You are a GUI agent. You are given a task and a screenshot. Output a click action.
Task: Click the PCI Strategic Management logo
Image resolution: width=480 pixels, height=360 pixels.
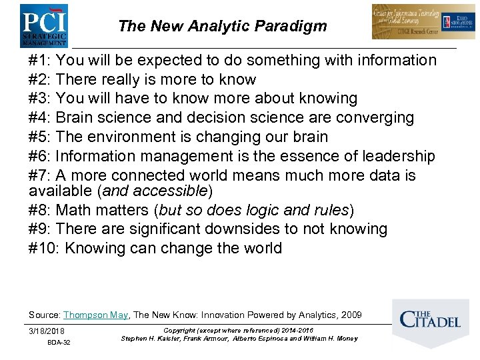click(43, 25)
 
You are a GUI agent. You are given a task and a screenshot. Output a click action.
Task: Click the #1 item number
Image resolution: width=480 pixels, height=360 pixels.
click(39, 61)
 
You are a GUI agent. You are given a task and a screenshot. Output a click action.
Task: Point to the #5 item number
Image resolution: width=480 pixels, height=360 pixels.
click(39, 137)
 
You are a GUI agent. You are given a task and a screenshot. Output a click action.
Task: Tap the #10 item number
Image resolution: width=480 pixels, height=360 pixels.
click(43, 249)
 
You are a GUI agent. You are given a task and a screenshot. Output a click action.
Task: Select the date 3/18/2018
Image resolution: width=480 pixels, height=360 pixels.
click(47, 331)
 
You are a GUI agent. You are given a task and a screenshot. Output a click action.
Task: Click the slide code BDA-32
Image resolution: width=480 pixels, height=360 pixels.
click(59, 343)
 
